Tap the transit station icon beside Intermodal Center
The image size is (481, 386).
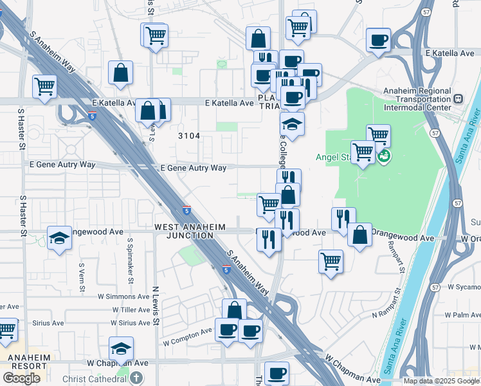point(458,100)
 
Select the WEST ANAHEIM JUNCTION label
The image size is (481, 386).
point(184,232)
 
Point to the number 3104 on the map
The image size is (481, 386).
point(189,136)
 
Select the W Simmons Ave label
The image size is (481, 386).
point(123,297)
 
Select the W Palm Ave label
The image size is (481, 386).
point(462,315)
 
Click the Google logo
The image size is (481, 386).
point(22,378)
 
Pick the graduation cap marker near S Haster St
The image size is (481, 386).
point(59,238)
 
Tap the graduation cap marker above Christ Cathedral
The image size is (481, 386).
point(121,349)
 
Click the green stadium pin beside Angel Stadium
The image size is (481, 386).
point(384,156)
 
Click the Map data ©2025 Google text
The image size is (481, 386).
point(441,381)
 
